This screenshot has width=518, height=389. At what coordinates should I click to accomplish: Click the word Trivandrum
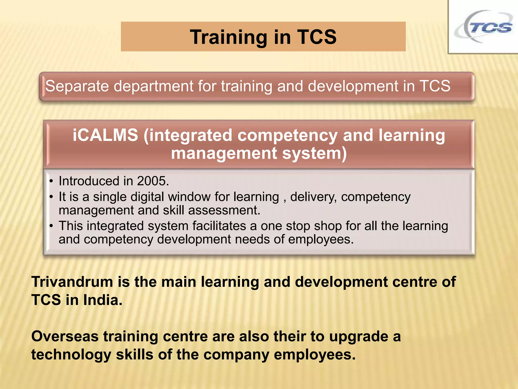72,282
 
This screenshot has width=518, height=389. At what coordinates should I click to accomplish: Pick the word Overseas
65,337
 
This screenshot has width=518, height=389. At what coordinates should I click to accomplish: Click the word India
103,300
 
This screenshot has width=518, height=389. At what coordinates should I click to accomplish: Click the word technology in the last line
71,355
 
